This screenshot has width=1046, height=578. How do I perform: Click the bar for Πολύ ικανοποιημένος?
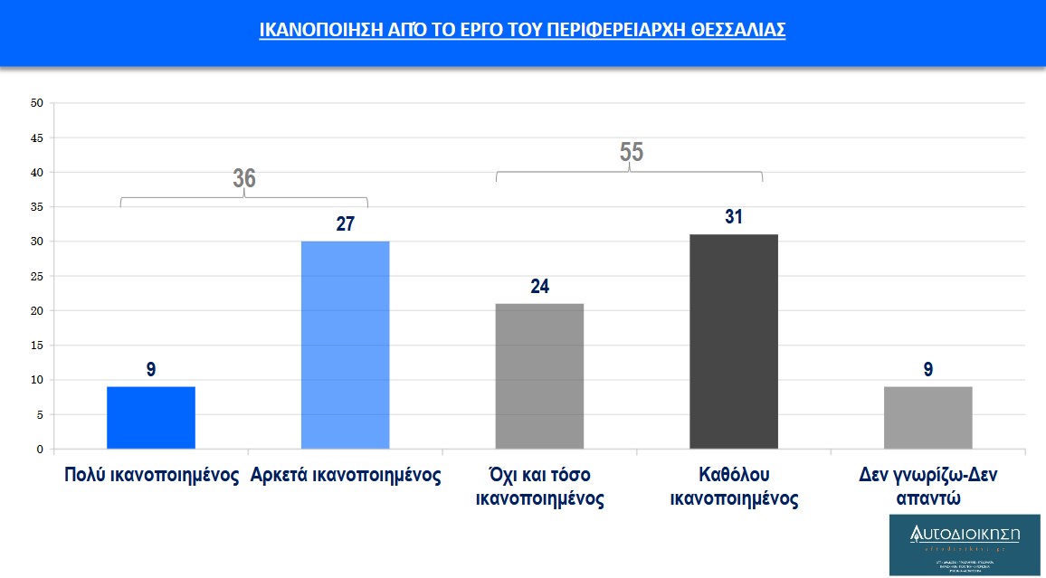tap(151, 418)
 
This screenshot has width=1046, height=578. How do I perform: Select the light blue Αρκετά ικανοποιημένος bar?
tap(345, 345)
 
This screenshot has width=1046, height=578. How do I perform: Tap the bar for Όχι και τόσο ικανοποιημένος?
tap(539, 376)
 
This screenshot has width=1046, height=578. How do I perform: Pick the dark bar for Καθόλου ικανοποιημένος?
tap(734, 342)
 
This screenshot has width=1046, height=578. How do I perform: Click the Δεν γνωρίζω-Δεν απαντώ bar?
tap(927, 418)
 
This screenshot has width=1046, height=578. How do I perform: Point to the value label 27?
tap(345, 223)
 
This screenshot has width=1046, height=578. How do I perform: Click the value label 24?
tap(539, 287)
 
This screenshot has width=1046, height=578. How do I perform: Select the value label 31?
tap(734, 217)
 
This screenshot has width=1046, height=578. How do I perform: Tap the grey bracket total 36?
tap(244, 178)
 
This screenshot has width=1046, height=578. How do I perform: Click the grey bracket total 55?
tap(631, 152)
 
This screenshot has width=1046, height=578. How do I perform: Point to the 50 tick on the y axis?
tap(37, 103)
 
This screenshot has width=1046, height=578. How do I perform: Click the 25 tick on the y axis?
tap(37, 276)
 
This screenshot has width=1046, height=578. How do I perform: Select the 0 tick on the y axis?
tap(40, 450)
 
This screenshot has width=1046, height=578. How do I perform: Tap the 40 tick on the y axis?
tap(37, 172)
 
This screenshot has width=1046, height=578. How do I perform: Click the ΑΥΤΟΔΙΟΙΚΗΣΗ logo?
tap(965, 545)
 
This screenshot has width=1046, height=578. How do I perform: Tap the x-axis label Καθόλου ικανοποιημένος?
tap(734, 487)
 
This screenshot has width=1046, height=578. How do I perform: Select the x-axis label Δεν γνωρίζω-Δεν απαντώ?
tap(927, 487)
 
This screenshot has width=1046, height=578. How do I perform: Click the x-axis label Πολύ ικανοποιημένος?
tap(151, 476)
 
